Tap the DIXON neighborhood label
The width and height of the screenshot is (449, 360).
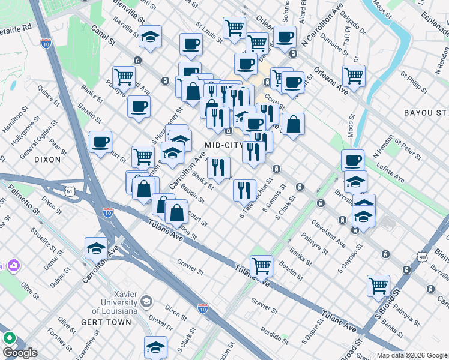[x=47, y=160]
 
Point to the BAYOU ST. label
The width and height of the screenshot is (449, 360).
[x=426, y=112]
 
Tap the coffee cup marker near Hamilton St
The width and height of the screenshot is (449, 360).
[x=100, y=142]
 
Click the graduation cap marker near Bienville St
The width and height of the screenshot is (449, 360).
[x=151, y=35]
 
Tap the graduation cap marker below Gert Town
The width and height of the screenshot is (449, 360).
[x=155, y=346]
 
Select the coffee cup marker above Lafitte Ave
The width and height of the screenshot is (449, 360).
[x=353, y=160]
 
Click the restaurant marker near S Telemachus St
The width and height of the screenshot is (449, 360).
[x=244, y=190]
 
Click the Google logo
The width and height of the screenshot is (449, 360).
[x=20, y=353]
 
